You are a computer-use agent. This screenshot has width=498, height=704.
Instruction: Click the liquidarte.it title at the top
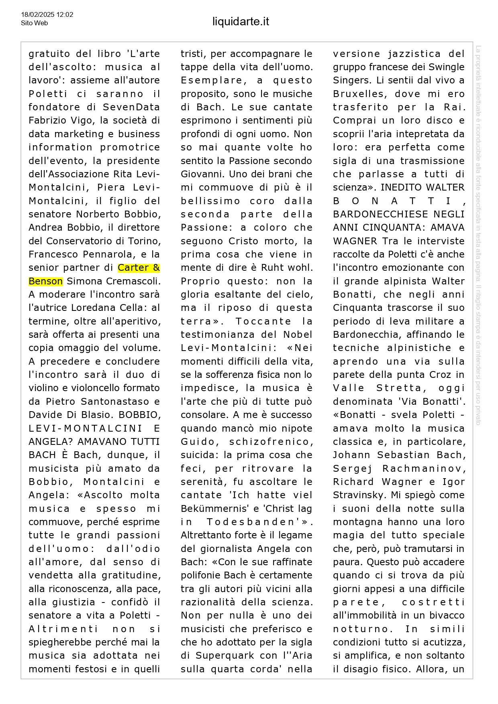pos(241,22)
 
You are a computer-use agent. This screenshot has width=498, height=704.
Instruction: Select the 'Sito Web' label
pos(34,23)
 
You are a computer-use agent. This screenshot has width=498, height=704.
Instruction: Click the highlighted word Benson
pos(46,281)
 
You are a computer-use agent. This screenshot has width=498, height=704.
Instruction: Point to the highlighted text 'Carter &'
pos(139,268)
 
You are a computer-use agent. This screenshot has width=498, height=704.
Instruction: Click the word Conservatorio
pos(94,241)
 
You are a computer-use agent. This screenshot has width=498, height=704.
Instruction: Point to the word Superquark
pos(225,655)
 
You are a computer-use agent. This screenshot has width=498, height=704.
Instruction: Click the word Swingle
pos(446,67)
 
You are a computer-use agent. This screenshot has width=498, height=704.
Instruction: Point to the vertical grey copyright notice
pos(478,235)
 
